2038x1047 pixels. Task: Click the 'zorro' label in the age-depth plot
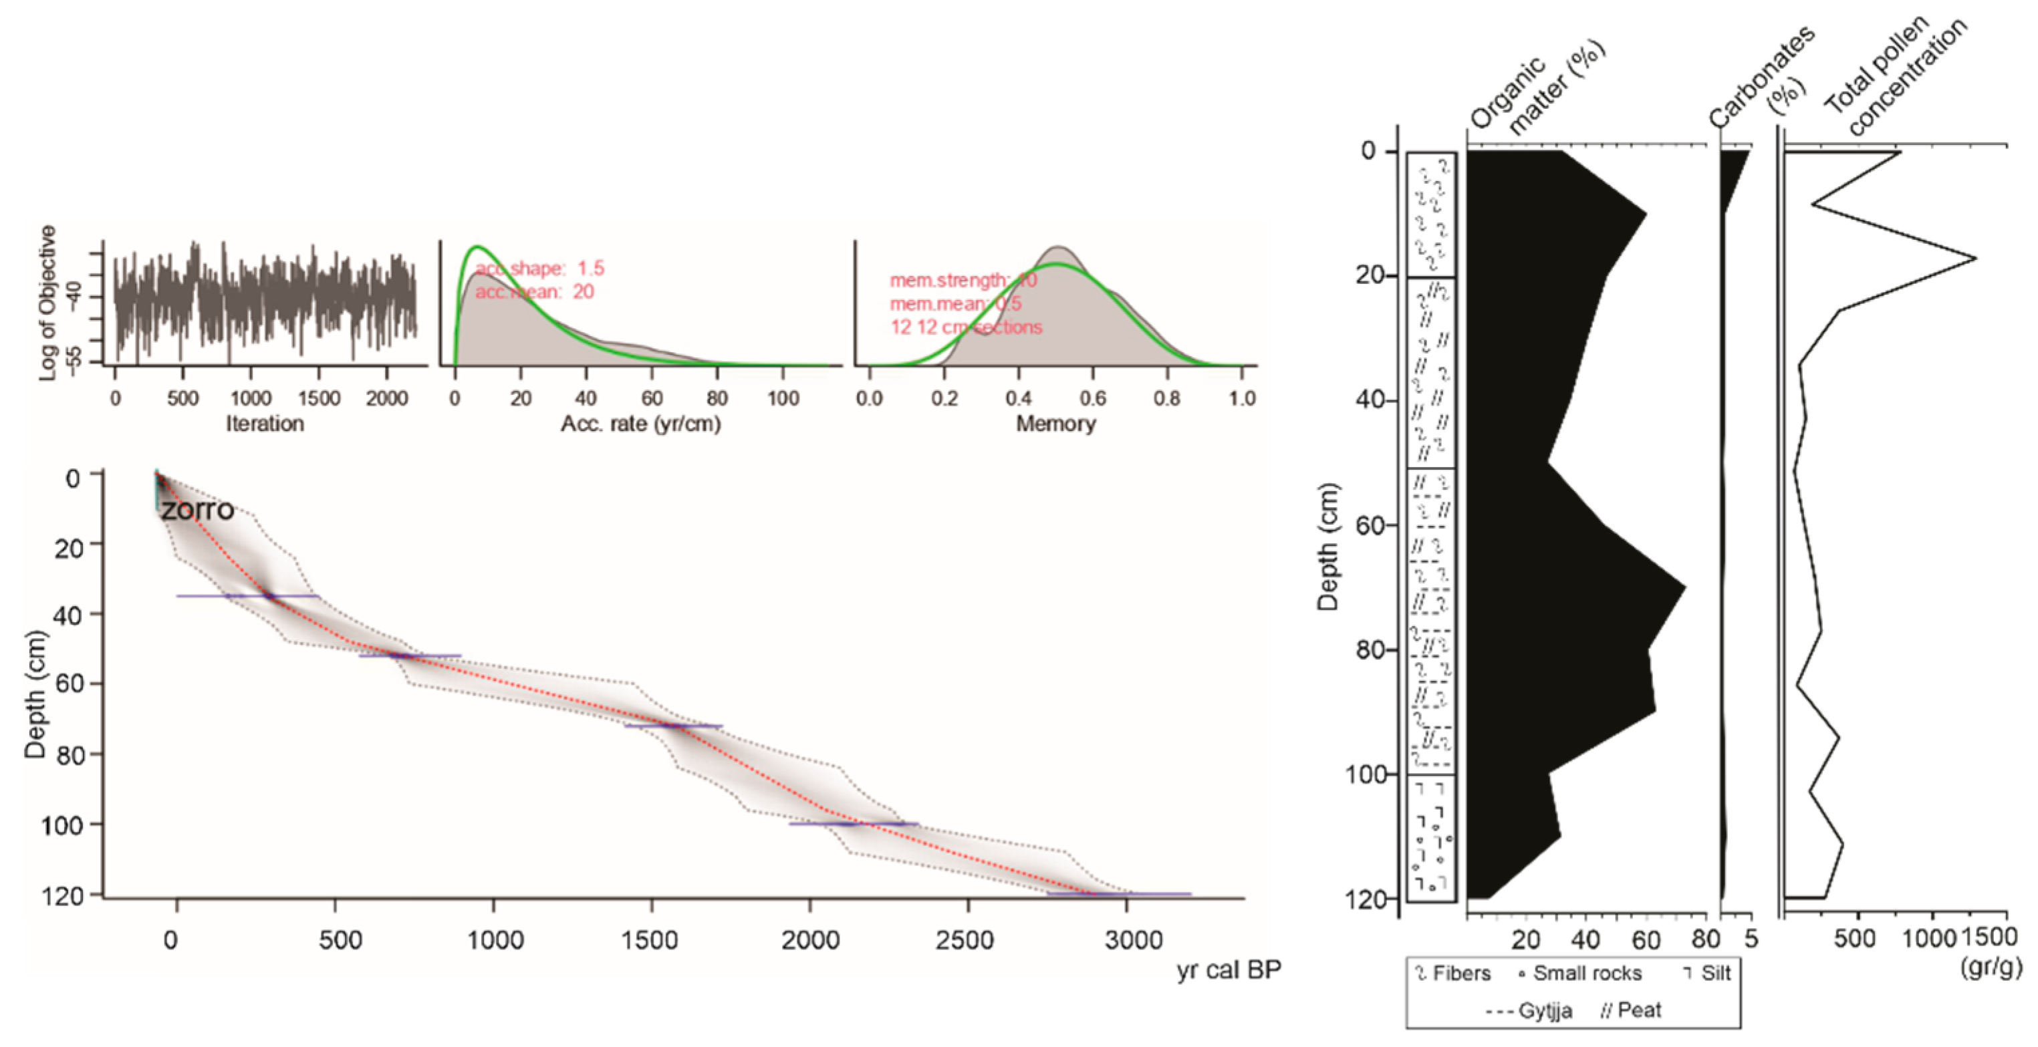(x=198, y=510)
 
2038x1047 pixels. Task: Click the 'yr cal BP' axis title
(x=1228, y=969)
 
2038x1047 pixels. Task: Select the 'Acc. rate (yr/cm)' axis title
(x=640, y=424)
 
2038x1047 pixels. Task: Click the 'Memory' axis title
(x=1055, y=424)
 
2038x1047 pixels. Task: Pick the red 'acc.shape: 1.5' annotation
(x=540, y=268)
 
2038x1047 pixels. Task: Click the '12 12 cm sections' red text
(x=966, y=327)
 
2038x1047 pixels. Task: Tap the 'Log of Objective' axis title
(x=48, y=303)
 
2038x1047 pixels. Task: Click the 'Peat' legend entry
(x=1632, y=1010)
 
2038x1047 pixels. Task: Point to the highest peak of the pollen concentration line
(x=1975, y=258)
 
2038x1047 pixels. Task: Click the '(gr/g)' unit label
(x=1991, y=966)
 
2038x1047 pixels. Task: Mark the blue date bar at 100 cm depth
(x=853, y=823)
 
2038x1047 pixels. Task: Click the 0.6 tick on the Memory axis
(x=1093, y=398)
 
